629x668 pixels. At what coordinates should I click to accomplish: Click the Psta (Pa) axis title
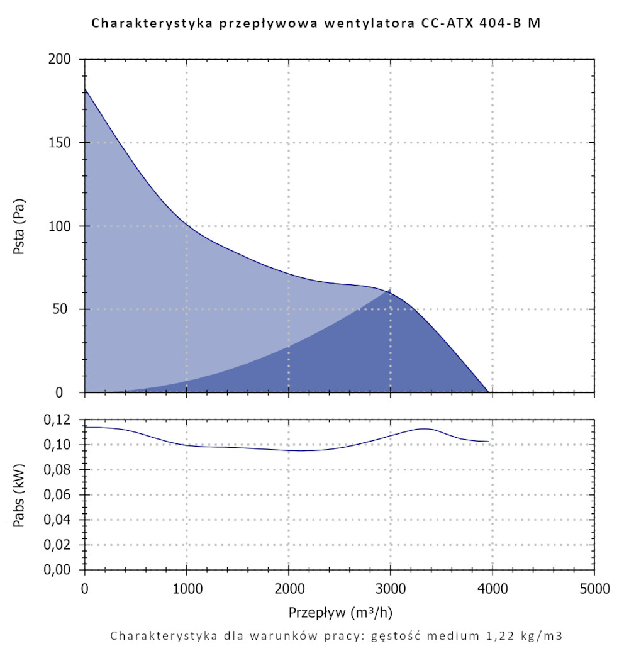pos(19,226)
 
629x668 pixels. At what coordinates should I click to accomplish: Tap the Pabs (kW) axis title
pos(19,494)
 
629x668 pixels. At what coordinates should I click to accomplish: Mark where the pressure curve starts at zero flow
pos(85,89)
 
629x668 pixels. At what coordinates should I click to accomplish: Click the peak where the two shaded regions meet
pos(390,290)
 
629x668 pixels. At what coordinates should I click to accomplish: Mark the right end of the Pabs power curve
pos(488,442)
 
